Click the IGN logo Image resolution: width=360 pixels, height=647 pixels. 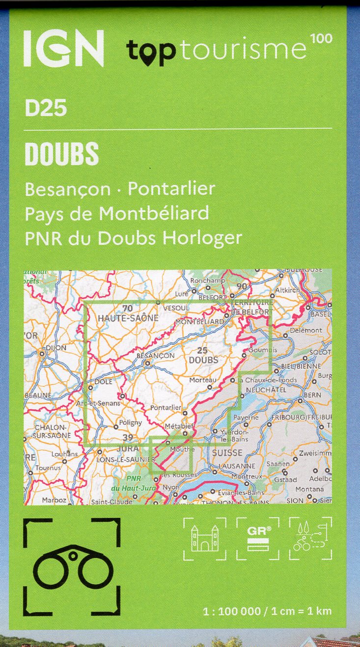64,48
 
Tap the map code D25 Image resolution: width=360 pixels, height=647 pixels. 46,108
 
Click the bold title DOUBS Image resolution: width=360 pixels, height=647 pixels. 62,155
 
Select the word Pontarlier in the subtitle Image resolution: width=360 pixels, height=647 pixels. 171,189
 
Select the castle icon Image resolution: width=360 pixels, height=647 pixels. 204,538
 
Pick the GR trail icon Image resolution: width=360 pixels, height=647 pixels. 258,538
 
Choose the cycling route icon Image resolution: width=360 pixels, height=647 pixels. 310,538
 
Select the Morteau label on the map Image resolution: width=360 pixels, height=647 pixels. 203,380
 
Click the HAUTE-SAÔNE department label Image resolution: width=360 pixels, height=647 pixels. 129,318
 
